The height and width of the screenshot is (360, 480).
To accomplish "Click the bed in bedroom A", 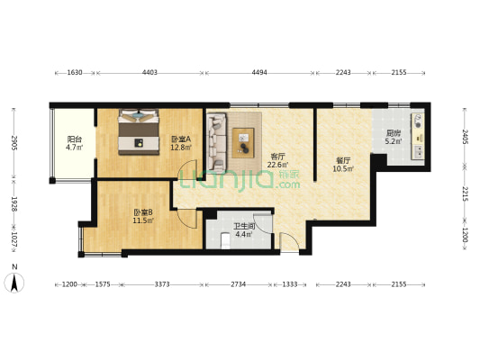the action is (139, 131).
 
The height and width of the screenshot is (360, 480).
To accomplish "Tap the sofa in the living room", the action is (217, 141).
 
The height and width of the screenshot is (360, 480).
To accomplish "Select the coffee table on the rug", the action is (243, 143).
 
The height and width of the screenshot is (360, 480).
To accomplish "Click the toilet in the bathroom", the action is (226, 240).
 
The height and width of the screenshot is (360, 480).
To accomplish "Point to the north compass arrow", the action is (14, 283).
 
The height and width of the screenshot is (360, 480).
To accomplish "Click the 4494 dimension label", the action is (259, 73).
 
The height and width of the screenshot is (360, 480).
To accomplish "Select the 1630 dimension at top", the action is (75, 73).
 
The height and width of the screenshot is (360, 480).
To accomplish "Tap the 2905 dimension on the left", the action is (14, 142).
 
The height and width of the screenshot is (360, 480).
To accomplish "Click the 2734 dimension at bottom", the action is (238, 284).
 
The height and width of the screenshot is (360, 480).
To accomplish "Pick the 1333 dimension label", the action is (290, 284).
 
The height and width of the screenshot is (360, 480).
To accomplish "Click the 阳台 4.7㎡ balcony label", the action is (74, 143).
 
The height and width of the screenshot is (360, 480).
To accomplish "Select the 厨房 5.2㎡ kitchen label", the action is (394, 137).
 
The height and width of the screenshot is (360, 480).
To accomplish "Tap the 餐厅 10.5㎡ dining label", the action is (343, 164).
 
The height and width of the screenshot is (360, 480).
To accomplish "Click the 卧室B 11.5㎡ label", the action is (143, 216).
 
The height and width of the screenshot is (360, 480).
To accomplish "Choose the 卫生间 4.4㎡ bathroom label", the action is (244, 230).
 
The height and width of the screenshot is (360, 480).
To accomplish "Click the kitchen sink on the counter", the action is (419, 152).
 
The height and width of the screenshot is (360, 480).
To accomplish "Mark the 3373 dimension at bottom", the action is (162, 284).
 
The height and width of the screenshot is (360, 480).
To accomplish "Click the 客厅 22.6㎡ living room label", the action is (277, 160).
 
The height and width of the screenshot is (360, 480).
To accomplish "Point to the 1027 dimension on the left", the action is (14, 238).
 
